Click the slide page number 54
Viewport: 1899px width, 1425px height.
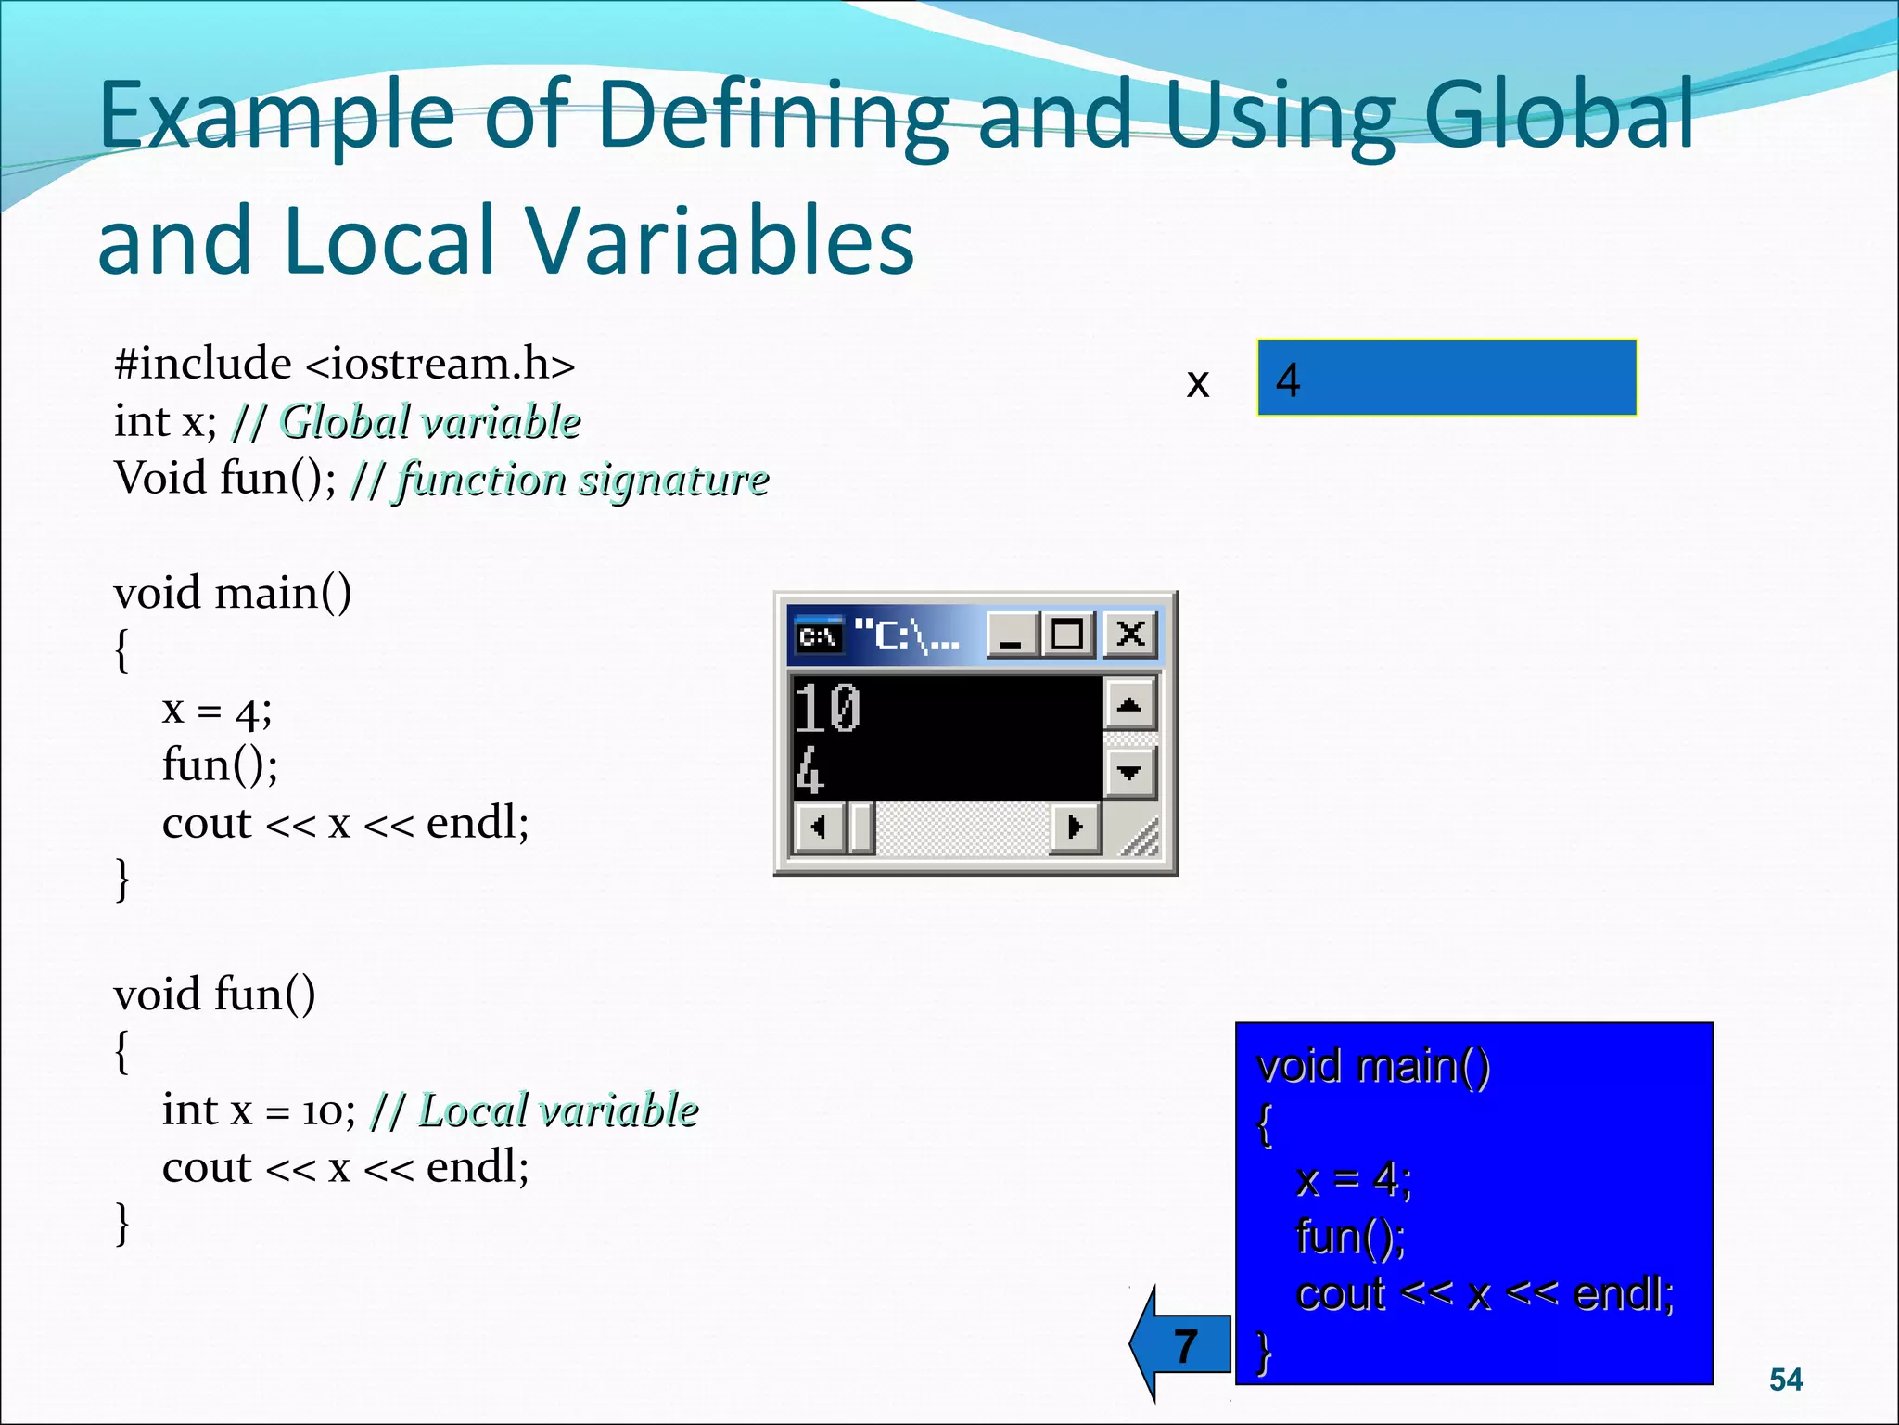coord(1785,1380)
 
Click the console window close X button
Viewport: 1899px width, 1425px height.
coord(1130,635)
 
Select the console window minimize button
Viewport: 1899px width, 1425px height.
coord(1012,635)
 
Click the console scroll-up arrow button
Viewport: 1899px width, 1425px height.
coord(1129,705)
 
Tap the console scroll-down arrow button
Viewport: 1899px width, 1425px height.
coord(1129,772)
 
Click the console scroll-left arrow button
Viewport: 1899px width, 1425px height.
coord(818,826)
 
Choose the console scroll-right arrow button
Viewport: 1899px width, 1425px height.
coord(1076,826)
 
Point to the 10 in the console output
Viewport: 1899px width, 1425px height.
coord(828,708)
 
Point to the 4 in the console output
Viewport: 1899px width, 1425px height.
coord(809,772)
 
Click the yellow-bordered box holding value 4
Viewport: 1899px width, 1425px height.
coord(1447,379)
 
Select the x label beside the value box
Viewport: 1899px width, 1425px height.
coord(1198,382)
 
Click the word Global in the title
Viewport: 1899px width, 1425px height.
coord(1558,115)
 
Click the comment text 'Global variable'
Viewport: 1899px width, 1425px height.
coord(430,422)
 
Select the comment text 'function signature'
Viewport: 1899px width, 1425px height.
coord(582,480)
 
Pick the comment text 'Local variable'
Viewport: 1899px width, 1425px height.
coord(557,1110)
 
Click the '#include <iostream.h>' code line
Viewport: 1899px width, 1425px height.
coord(344,364)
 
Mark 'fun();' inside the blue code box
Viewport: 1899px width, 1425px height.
coord(1350,1237)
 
